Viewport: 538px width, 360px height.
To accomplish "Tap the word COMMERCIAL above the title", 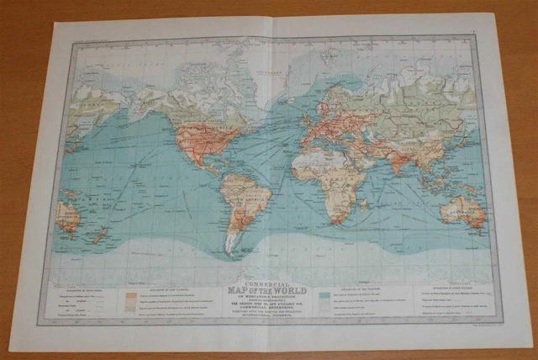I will tap(263, 283).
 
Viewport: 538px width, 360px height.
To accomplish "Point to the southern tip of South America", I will tap(229, 251).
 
